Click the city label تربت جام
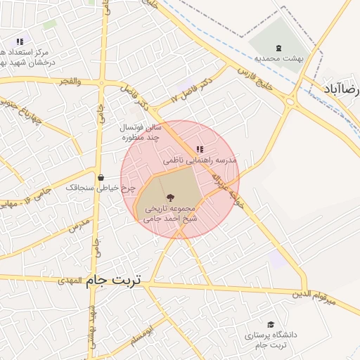coord(113,281)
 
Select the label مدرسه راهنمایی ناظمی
coord(200,160)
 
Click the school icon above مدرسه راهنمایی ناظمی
coord(200,149)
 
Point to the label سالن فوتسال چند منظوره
coord(143,131)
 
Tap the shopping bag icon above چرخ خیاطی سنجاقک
coord(101,177)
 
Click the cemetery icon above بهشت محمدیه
coord(279,48)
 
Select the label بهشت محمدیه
coord(278,59)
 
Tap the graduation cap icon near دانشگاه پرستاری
coord(271,324)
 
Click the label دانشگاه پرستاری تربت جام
coord(271,340)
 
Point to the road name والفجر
coord(70,82)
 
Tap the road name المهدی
coord(70,281)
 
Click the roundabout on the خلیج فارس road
coord(290,101)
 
